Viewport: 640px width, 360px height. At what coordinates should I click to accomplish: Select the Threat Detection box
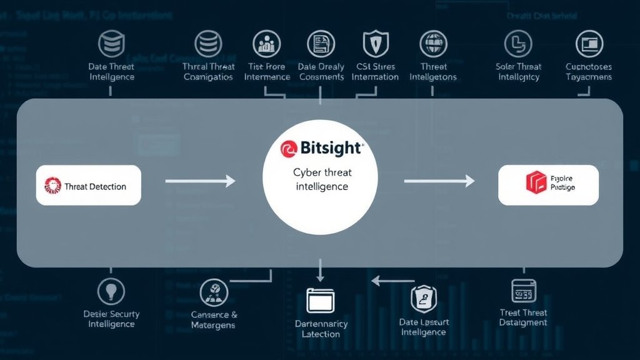pos(89,186)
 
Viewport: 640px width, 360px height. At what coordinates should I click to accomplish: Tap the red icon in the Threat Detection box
pos(52,186)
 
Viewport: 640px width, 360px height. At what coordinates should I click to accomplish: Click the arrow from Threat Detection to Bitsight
pos(200,181)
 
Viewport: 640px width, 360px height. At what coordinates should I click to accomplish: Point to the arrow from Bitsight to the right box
pos(439,181)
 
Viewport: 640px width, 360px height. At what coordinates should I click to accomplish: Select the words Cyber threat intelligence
pos(321,179)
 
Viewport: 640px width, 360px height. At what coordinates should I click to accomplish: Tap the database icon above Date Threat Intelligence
pos(111,43)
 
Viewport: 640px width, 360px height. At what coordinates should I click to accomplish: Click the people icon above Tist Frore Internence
pos(267,44)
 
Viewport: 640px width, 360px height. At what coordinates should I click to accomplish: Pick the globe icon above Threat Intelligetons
pos(432,44)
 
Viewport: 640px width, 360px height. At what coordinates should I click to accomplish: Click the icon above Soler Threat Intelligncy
pos(518,43)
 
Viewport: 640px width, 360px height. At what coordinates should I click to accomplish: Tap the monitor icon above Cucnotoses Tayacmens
pos(589,44)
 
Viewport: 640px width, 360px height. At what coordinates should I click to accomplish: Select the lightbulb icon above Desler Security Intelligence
pos(111,291)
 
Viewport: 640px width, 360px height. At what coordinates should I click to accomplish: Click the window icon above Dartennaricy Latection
pos(321,301)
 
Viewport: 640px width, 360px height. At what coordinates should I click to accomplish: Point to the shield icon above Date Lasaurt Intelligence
pos(423,299)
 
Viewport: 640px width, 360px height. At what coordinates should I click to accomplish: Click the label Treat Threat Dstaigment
pos(523,317)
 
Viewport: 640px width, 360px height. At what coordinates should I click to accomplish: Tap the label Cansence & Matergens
pos(214,320)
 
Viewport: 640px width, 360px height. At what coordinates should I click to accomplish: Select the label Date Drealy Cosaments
pos(321,72)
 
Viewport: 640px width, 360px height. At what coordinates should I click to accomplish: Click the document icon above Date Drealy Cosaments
pos(321,44)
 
